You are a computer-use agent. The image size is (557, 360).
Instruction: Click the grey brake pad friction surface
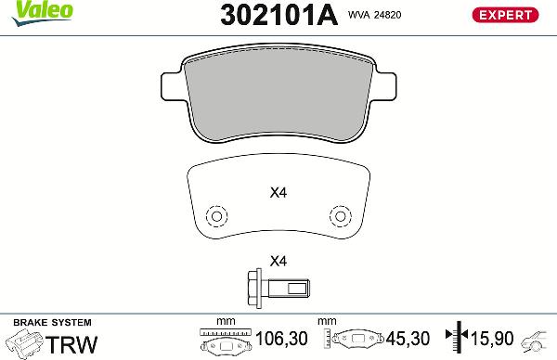(x=278, y=93)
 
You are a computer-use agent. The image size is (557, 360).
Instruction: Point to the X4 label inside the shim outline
(x=278, y=194)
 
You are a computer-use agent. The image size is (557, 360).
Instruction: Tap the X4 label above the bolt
(x=278, y=261)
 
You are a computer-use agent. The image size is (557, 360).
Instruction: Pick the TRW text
(x=72, y=343)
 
